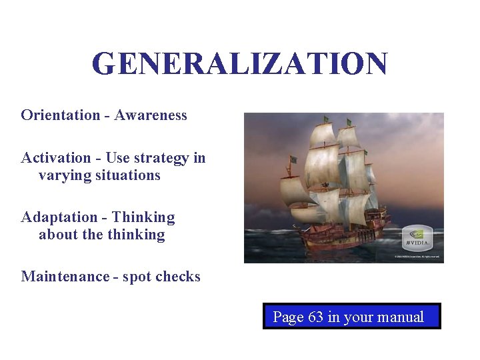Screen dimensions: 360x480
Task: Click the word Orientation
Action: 60,115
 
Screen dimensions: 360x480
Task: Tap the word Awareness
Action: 151,115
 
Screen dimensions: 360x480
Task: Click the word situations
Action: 128,175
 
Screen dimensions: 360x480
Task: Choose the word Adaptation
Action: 59,217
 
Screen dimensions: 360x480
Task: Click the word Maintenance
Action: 65,276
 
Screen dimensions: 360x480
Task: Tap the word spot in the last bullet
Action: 136,277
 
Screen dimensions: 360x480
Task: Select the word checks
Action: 178,276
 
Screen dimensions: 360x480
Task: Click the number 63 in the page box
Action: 316,317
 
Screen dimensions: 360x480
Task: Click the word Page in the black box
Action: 288,317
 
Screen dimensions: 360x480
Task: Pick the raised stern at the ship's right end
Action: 380,217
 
